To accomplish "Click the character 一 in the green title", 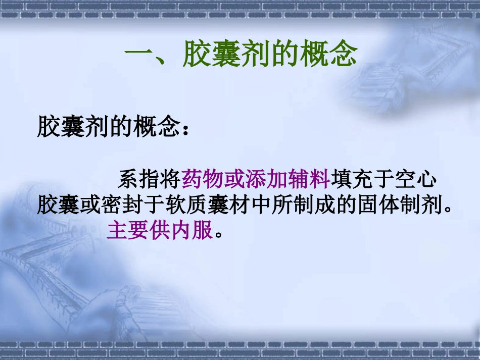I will [137, 54].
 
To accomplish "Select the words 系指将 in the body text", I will [149, 179].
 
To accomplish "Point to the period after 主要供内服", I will [218, 234].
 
